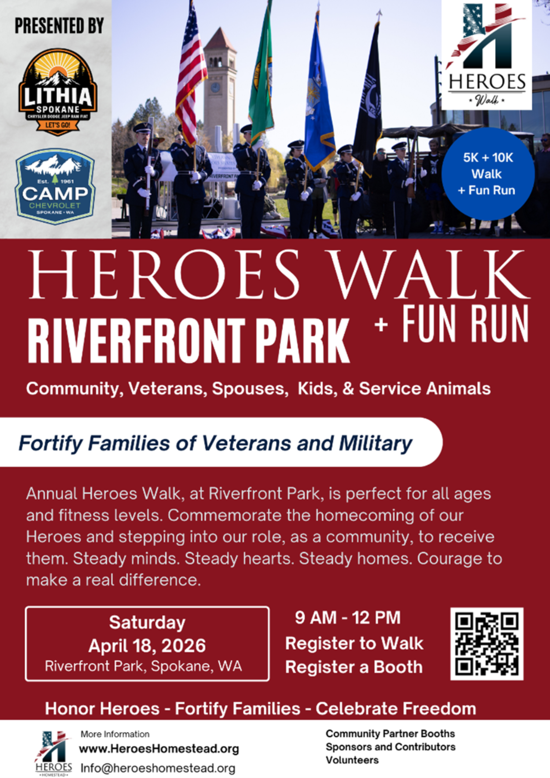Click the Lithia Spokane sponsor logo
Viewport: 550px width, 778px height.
58,91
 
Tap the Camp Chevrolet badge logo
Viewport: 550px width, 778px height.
55,186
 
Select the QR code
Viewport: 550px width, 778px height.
487,644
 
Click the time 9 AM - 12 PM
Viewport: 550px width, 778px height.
348,617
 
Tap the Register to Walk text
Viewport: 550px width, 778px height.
354,643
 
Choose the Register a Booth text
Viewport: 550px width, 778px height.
354,667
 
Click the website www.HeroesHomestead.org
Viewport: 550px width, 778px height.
159,749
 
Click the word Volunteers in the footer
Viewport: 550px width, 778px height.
352,760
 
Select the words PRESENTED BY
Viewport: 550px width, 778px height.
59,26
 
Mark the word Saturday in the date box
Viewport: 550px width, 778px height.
147,622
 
